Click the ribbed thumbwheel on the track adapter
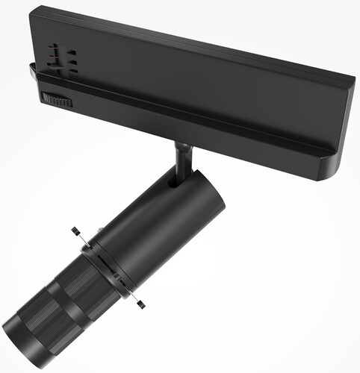57,99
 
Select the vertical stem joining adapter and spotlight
182,160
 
